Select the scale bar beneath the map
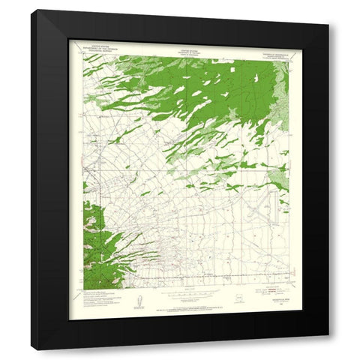click(x=187, y=298)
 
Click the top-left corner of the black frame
click(x=31, y=10)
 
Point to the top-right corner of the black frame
click(x=328, y=10)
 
